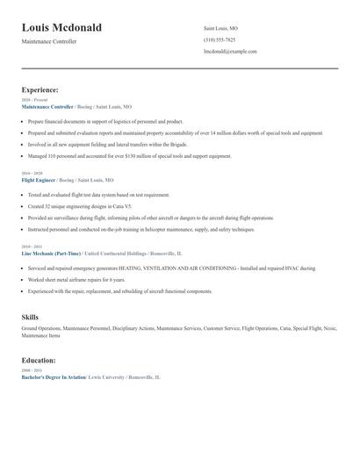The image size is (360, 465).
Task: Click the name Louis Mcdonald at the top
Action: pos(61,27)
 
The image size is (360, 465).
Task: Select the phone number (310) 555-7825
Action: pos(219,39)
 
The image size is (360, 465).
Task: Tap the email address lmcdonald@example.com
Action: pos(230,51)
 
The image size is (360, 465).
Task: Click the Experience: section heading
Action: pos(40,89)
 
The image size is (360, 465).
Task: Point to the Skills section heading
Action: pos(30,317)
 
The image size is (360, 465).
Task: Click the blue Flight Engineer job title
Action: pos(39,179)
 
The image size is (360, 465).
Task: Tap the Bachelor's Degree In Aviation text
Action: pos(54,376)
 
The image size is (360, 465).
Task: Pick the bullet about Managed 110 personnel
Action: pos(129,156)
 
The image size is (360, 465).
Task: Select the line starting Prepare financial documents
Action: pos(105,121)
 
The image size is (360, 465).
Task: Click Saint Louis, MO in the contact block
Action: pos(220,28)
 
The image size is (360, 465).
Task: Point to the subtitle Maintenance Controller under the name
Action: pos(49,41)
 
